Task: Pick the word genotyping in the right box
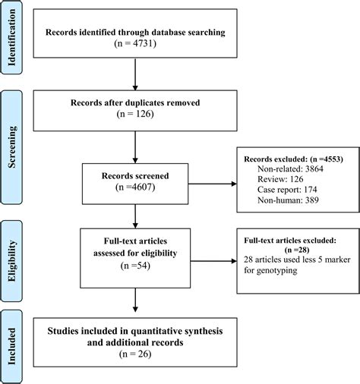(x=267, y=268)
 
